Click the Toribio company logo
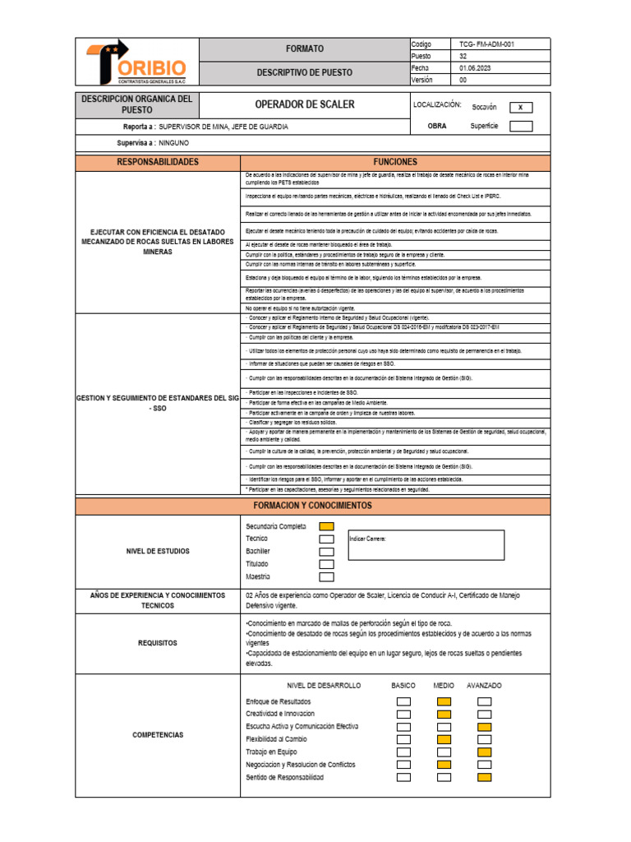(137, 62)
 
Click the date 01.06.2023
(476, 68)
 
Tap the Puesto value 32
(463, 56)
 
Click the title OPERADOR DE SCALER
(304, 104)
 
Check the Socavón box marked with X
(521, 107)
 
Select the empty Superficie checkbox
(521, 126)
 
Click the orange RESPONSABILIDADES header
(158, 163)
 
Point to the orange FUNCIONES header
(395, 163)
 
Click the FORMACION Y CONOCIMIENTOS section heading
(312, 505)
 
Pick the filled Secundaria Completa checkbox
(326, 526)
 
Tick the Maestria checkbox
(326, 577)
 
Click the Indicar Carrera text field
(426, 544)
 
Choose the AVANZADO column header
(484, 685)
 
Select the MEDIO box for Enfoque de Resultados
(444, 701)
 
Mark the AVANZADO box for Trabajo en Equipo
(484, 752)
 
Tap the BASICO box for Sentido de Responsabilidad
(403, 777)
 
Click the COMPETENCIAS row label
(158, 734)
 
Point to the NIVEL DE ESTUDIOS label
(158, 551)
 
